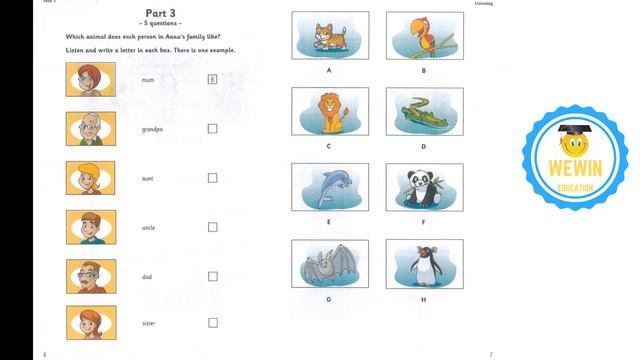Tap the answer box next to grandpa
(212, 129)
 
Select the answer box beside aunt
(212, 178)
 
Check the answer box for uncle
(212, 227)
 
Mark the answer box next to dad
(212, 276)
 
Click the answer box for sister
(212, 323)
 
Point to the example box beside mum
(212, 79)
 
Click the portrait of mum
(88, 79)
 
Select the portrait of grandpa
(88, 129)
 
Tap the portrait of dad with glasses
(88, 276)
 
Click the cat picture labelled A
(328, 35)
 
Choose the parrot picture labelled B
(422, 35)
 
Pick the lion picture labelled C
(328, 111)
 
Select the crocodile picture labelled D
(422, 111)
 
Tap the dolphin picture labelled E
(328, 187)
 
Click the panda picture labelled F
(422, 187)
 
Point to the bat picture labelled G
(328, 264)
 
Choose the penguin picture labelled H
(422, 264)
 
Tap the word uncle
(148, 228)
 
